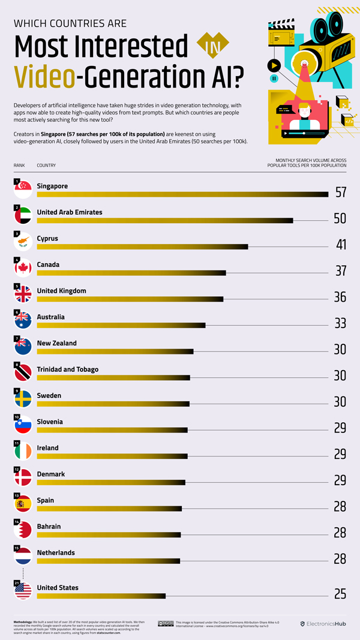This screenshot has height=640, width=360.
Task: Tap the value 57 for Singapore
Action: pyautogui.click(x=341, y=193)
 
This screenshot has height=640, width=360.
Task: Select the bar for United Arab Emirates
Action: pyautogui.click(x=165, y=221)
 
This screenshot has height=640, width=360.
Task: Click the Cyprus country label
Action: pyautogui.click(x=47, y=238)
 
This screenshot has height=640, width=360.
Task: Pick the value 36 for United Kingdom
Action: pyautogui.click(x=340, y=297)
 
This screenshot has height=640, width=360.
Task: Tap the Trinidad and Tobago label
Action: pyautogui.click(x=68, y=369)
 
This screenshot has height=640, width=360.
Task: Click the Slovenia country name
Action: pyautogui.click(x=50, y=422)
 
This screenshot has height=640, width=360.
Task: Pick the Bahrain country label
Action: pyautogui.click(x=49, y=526)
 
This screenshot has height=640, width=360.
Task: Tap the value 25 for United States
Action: pyautogui.click(x=340, y=594)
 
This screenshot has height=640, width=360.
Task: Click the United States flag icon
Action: pyautogui.click(x=23, y=591)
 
